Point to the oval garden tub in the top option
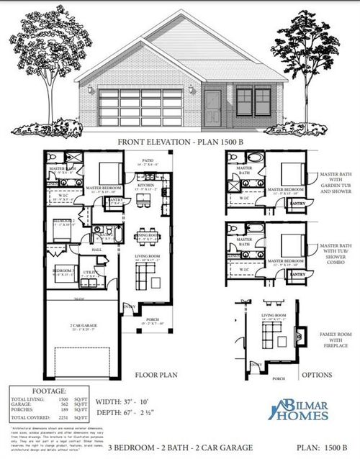click(x=257, y=156)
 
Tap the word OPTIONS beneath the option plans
click(x=315, y=375)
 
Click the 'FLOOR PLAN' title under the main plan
click(x=150, y=375)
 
